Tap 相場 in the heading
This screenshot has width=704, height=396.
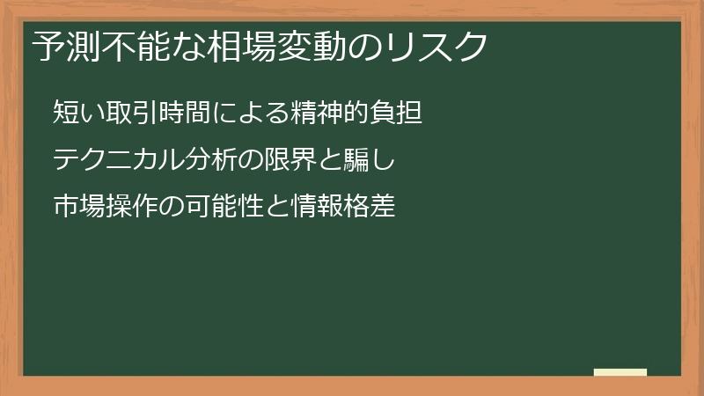point(241,47)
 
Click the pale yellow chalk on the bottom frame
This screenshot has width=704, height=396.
point(620,372)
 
